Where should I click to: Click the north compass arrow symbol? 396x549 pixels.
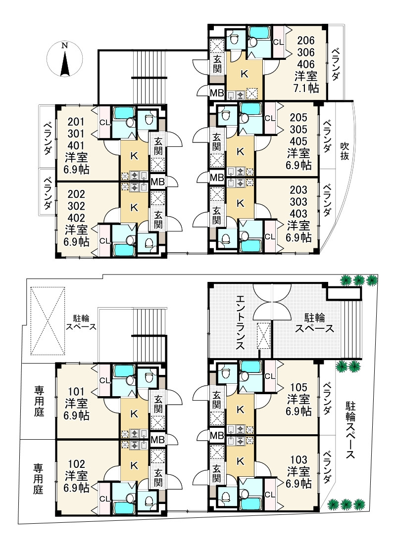click(64, 60)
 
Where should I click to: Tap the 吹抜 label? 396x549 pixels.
click(345, 150)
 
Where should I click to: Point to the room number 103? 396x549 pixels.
click(298, 464)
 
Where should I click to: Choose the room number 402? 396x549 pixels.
click(77, 218)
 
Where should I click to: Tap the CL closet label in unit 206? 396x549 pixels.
click(278, 42)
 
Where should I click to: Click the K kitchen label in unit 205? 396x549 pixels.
click(241, 151)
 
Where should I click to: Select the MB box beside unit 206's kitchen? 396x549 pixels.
click(216, 92)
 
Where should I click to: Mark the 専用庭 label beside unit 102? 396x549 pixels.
click(38, 478)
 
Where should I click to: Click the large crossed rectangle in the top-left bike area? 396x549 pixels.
click(48, 320)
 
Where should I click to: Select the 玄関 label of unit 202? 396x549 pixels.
click(158, 219)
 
